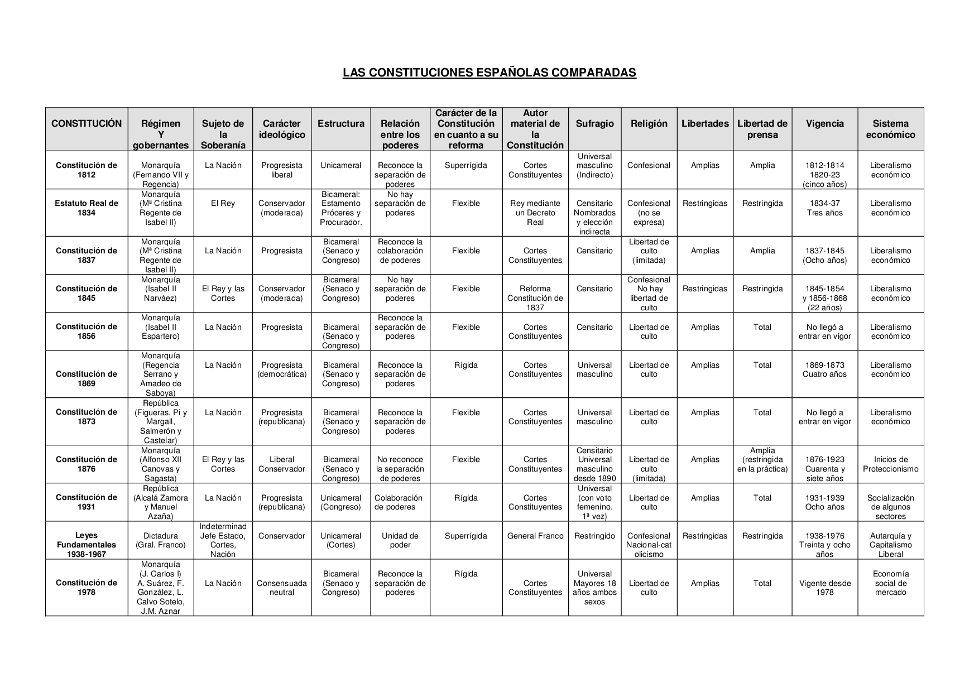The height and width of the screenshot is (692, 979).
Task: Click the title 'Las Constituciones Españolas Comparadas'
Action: tap(489, 73)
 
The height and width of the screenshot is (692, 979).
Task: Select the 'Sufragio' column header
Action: tap(594, 124)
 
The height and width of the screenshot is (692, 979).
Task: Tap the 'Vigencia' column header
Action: tap(824, 124)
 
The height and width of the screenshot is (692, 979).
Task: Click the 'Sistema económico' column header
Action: tap(890, 129)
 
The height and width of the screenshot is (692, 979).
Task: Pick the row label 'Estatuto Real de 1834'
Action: tap(87, 208)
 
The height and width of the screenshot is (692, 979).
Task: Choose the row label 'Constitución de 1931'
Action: tap(87, 502)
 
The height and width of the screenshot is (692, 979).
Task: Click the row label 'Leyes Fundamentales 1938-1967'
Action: tap(87, 545)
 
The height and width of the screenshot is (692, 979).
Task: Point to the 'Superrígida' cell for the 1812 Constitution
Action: tap(465, 166)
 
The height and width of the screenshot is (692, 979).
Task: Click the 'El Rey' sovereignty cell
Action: tap(223, 204)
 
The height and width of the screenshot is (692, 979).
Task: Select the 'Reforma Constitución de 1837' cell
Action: tap(535, 298)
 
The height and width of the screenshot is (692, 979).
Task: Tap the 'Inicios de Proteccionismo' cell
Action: tap(890, 464)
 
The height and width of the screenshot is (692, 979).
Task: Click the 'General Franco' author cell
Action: tap(535, 536)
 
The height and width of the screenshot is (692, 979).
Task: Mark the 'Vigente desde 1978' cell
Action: tap(824, 588)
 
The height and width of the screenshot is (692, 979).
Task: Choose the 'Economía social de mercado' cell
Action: tap(890, 583)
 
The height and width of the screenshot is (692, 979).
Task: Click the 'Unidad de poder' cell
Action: tap(400, 540)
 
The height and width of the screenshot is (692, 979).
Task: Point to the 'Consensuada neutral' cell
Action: tap(281, 588)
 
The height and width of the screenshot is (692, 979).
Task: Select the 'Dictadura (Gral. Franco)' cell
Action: tap(160, 540)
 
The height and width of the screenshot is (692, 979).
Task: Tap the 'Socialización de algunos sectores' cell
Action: tap(890, 507)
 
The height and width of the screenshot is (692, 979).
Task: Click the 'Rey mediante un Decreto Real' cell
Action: tap(535, 213)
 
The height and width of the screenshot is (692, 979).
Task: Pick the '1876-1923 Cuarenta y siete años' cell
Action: tap(824, 469)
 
